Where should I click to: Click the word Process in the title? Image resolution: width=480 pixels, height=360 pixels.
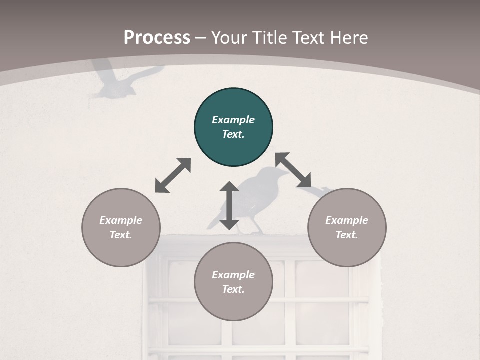click(x=157, y=37)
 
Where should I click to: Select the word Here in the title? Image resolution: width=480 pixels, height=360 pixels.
click(x=349, y=37)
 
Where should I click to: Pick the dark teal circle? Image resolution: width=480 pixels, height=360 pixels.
click(x=233, y=127)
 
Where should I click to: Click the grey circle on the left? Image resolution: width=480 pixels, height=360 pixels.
click(x=121, y=228)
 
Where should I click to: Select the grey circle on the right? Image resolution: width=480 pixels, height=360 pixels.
click(x=347, y=228)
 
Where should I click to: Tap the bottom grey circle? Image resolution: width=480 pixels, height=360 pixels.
click(x=233, y=281)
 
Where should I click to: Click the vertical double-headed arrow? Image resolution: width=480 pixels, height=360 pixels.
click(x=229, y=205)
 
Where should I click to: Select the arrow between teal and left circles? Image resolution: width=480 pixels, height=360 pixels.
click(x=173, y=175)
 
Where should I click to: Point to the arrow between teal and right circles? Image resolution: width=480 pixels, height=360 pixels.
click(x=293, y=170)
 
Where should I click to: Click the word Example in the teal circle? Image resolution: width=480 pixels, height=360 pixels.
click(x=233, y=120)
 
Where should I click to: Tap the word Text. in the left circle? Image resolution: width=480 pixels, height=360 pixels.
click(x=121, y=235)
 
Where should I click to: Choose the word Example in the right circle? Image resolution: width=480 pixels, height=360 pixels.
click(x=347, y=220)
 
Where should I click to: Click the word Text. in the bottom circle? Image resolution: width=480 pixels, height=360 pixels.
click(x=233, y=289)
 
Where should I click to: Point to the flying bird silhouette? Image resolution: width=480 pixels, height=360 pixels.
click(x=125, y=80)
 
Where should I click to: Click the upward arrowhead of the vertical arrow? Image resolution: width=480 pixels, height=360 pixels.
click(x=229, y=186)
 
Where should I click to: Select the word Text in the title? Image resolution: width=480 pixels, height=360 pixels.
click(x=309, y=37)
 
